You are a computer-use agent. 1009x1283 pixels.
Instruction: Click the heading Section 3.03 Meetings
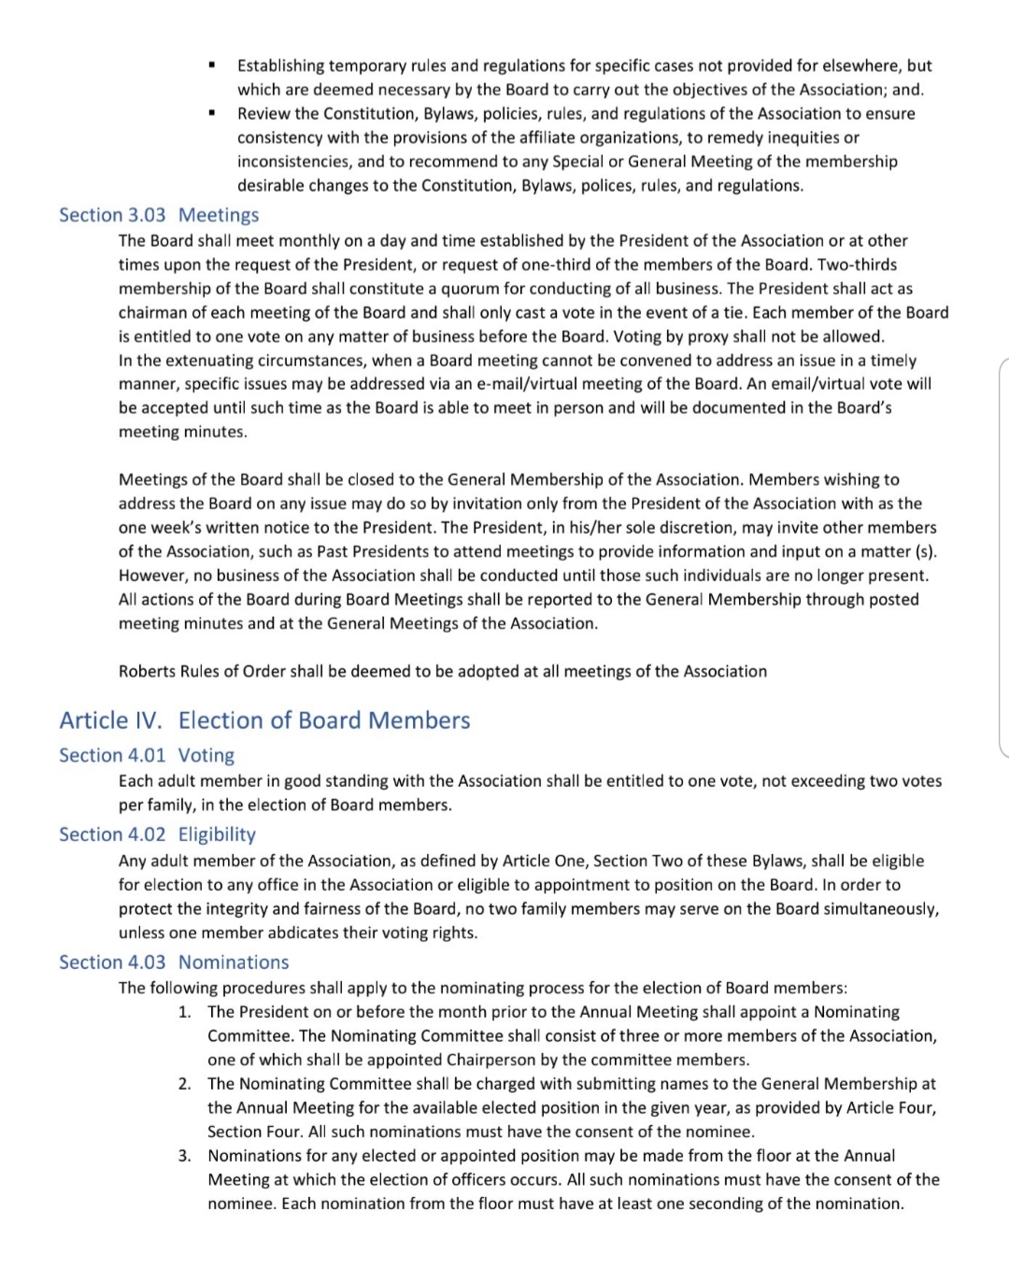pyautogui.click(x=159, y=215)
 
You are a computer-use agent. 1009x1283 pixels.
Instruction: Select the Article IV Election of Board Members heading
pyautogui.click(x=264, y=720)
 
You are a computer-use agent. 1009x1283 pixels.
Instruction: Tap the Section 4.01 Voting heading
pyautogui.click(x=147, y=755)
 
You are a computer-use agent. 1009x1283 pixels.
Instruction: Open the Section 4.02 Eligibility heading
pyautogui.click(x=157, y=834)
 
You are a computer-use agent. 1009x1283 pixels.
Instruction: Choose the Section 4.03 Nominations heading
pyautogui.click(x=174, y=962)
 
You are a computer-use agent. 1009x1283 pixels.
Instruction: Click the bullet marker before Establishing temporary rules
pyautogui.click(x=212, y=65)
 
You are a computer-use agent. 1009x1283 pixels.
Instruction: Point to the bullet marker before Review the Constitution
pyautogui.click(x=212, y=113)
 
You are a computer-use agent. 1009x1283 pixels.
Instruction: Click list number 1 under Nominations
pyautogui.click(x=184, y=1012)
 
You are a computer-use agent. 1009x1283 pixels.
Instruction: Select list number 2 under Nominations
pyautogui.click(x=184, y=1084)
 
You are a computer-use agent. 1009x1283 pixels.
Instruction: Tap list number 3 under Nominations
pyautogui.click(x=184, y=1156)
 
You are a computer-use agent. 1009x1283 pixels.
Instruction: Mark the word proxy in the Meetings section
pyautogui.click(x=737, y=336)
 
